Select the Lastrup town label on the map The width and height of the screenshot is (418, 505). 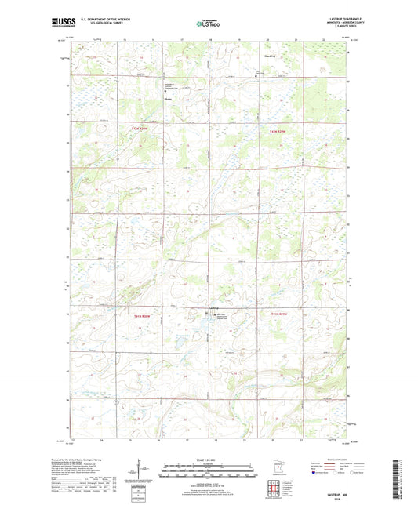214,307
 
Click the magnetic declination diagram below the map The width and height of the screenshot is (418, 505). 140,472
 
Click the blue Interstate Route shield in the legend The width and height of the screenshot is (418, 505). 314,474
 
